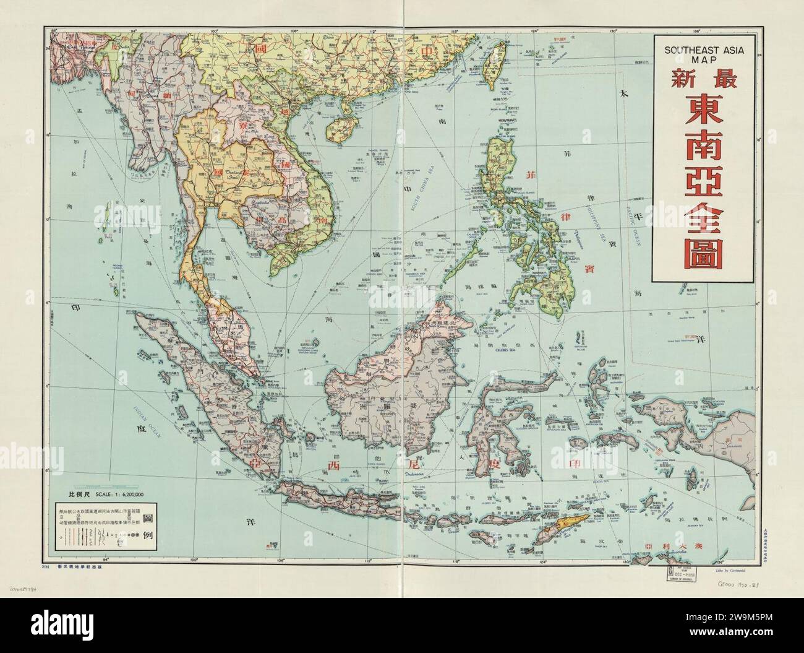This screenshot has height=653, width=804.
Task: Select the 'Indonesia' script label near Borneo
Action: pos(417,475)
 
